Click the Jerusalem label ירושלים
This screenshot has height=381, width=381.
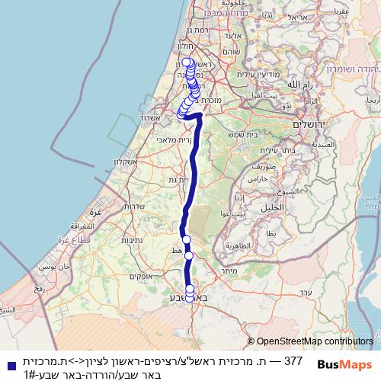point(310,123)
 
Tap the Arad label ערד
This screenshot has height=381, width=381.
point(305,293)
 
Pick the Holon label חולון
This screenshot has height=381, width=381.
point(177,47)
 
